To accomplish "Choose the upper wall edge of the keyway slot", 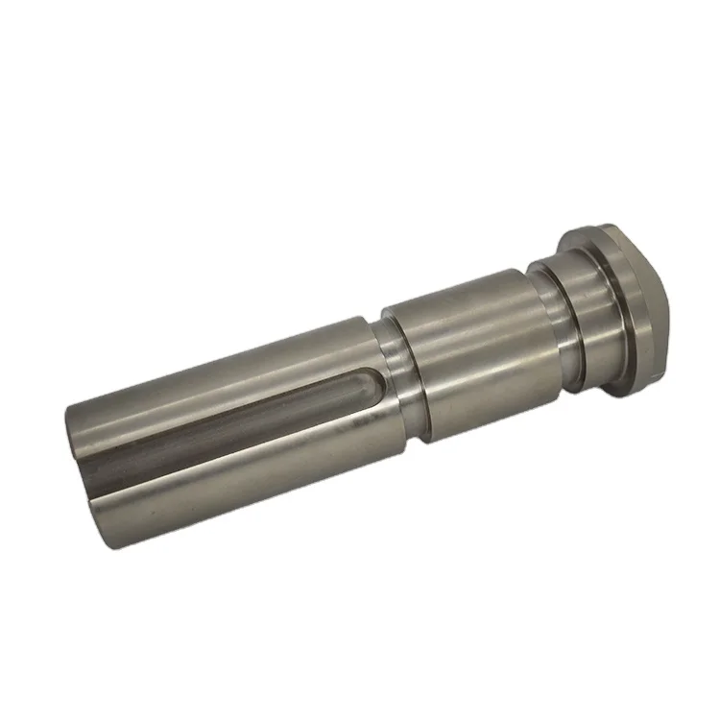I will (x=250, y=398).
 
